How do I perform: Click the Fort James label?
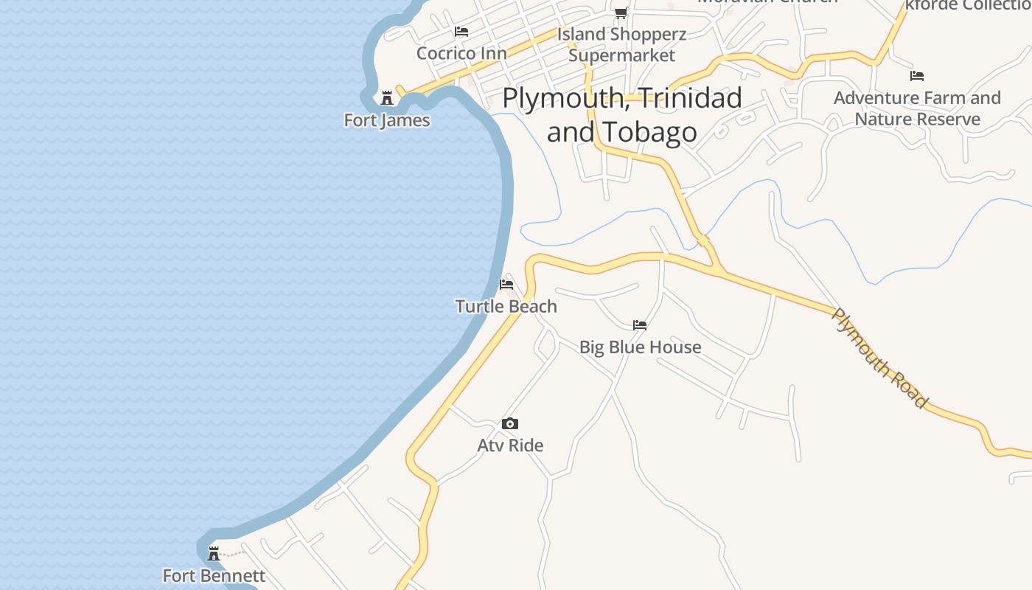coord(387,119)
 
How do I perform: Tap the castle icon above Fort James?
coord(386,98)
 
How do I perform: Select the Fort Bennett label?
coord(214,575)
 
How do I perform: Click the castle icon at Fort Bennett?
coord(214,553)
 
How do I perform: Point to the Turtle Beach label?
coord(506,306)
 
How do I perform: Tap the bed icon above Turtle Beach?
coord(506,284)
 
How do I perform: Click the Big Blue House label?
coord(640,347)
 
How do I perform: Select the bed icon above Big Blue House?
coord(640,324)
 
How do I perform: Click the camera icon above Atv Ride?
coord(510,423)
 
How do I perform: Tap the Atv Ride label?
coord(510,445)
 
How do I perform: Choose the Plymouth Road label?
coord(879,358)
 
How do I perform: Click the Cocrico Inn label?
coord(461,53)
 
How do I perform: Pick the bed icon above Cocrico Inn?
coord(461,32)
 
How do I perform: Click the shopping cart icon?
coord(621,13)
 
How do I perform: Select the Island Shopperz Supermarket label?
coord(621,44)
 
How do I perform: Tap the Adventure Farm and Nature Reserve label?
coord(917,108)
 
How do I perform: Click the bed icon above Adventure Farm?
coord(917,75)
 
